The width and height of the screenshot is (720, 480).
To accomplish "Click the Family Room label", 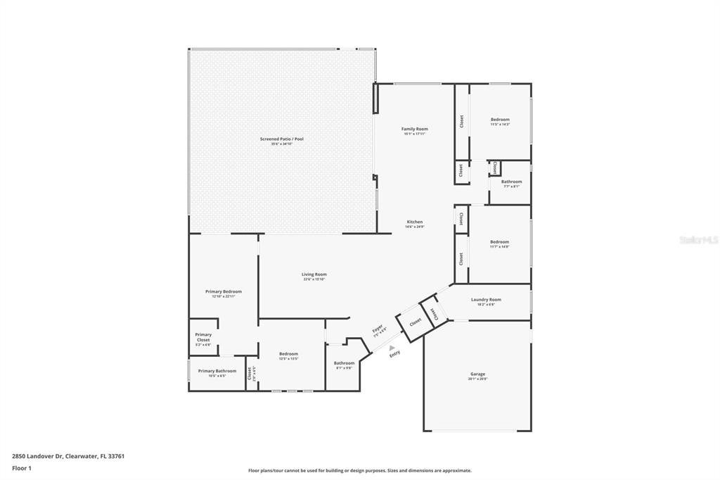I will (x=414, y=130).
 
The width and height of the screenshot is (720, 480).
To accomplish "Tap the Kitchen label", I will (x=414, y=222).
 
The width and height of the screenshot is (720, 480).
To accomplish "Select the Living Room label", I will (x=314, y=275).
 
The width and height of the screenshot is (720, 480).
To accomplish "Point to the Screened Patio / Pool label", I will (x=281, y=139).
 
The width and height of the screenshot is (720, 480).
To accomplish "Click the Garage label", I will (x=477, y=374).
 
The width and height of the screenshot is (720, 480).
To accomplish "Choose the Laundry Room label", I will (x=486, y=300).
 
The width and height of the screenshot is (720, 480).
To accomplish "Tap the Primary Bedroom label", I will (x=224, y=292).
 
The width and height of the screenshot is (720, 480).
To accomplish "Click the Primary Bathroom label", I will (x=217, y=371).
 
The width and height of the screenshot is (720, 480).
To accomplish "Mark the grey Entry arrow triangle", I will (x=392, y=347).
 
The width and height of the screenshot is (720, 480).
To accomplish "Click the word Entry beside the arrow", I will (x=394, y=353).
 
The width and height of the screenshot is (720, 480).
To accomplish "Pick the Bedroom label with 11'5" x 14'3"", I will (x=500, y=120).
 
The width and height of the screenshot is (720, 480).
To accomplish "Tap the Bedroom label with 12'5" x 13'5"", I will (x=288, y=355).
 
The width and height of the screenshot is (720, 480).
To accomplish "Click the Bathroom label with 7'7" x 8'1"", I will (x=511, y=182).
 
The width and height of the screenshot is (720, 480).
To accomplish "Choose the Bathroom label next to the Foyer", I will (x=344, y=364).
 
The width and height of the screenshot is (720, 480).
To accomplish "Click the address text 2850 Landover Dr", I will (x=38, y=455).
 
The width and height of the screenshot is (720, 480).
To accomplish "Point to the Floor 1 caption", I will (x=22, y=467).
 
